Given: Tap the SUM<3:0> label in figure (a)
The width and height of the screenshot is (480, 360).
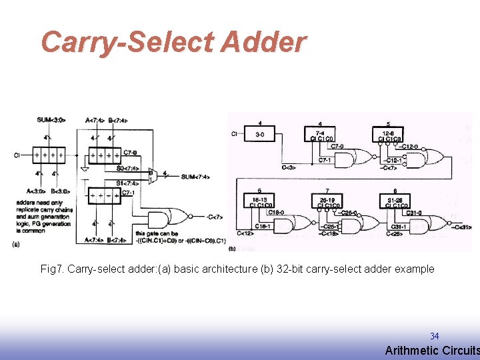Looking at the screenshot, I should (51, 120).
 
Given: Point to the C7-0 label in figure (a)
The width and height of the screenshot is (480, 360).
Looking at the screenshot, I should (131, 153).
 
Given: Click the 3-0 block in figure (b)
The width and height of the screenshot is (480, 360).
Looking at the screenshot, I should (259, 135).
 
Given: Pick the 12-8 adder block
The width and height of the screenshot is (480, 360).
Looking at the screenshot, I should (389, 136).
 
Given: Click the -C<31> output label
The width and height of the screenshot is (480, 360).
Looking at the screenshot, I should (462, 227).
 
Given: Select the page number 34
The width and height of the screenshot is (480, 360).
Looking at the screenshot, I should (434, 337).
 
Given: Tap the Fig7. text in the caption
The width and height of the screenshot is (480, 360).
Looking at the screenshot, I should (52, 269).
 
